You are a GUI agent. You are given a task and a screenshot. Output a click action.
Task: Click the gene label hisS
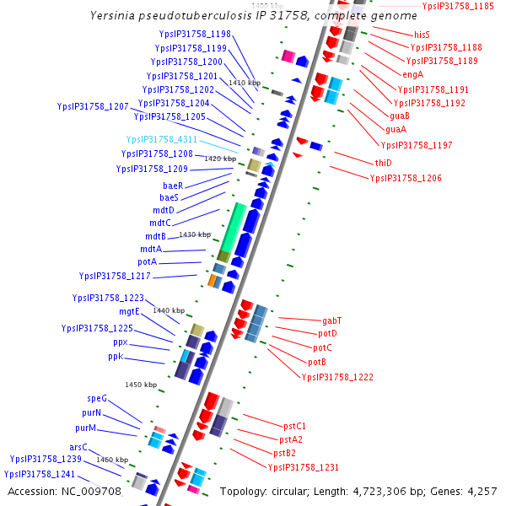tap(422, 35)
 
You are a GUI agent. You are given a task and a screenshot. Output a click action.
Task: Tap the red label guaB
tap(400, 116)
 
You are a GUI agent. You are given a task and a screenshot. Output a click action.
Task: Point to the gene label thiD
tap(383, 163)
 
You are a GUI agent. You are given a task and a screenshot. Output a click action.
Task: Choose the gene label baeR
tap(173, 185)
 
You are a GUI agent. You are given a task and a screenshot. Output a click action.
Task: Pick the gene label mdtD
tap(164, 210)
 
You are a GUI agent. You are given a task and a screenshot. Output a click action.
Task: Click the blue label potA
tap(148, 262)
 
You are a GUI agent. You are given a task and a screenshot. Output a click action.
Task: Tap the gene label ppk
tap(116, 357)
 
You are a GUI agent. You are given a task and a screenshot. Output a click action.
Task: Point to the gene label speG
tap(97, 398)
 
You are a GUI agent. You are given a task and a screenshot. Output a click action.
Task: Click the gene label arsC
tap(78, 447)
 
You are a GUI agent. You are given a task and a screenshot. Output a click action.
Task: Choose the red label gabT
tap(332, 320)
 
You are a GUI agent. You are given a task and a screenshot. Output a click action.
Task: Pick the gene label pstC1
tap(293, 426)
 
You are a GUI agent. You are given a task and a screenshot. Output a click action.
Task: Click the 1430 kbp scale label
tap(196, 234)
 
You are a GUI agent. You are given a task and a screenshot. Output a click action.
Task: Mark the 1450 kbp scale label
tap(142, 385)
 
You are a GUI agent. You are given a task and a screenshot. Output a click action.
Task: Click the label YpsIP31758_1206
tap(406, 178)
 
